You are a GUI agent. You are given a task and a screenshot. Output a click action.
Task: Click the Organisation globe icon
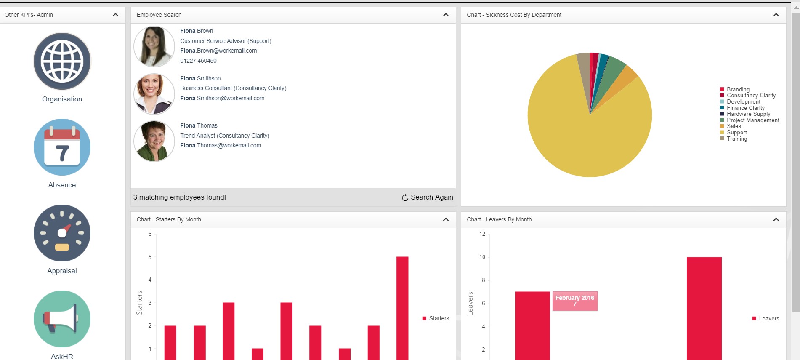62,61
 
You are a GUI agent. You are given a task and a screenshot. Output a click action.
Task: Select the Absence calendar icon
62,147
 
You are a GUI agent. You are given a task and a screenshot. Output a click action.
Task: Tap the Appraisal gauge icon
62,233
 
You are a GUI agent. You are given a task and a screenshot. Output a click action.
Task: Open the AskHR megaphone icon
62,319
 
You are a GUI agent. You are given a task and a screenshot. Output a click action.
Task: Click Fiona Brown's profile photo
154,46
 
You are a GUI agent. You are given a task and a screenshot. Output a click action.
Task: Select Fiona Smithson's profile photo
154,94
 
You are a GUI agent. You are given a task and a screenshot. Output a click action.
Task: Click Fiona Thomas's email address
221,146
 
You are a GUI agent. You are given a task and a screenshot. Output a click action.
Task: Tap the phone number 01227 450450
198,61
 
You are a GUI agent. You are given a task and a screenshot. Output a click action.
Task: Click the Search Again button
428,197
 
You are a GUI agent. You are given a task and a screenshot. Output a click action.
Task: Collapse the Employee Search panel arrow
446,15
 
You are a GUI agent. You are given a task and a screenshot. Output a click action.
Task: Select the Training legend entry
736,139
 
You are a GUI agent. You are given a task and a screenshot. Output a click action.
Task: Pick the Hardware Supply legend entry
748,114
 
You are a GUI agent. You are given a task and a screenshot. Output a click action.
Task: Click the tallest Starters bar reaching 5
402,307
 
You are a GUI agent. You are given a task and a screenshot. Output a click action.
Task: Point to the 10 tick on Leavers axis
482,257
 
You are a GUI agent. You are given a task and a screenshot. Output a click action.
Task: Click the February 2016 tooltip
575,301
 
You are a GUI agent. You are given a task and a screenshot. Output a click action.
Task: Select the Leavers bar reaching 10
704,307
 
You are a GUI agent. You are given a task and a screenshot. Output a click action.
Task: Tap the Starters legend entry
439,319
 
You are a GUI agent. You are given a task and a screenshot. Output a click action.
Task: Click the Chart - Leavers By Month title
499,219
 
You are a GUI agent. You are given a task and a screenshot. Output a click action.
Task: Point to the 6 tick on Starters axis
150,234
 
